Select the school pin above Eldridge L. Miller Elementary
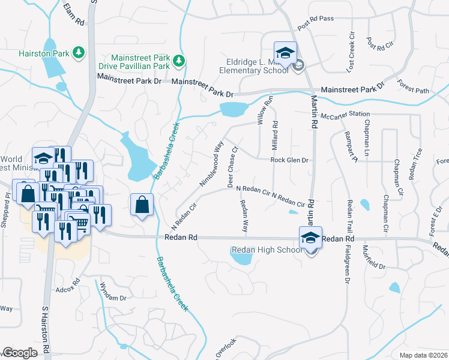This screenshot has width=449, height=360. tap(286, 52)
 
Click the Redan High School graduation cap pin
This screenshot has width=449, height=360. tap(311, 238)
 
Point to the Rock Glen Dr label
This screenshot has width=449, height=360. tap(289, 160)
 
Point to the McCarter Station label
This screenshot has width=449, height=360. tap(345, 115)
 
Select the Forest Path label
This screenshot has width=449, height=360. tap(414, 91)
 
